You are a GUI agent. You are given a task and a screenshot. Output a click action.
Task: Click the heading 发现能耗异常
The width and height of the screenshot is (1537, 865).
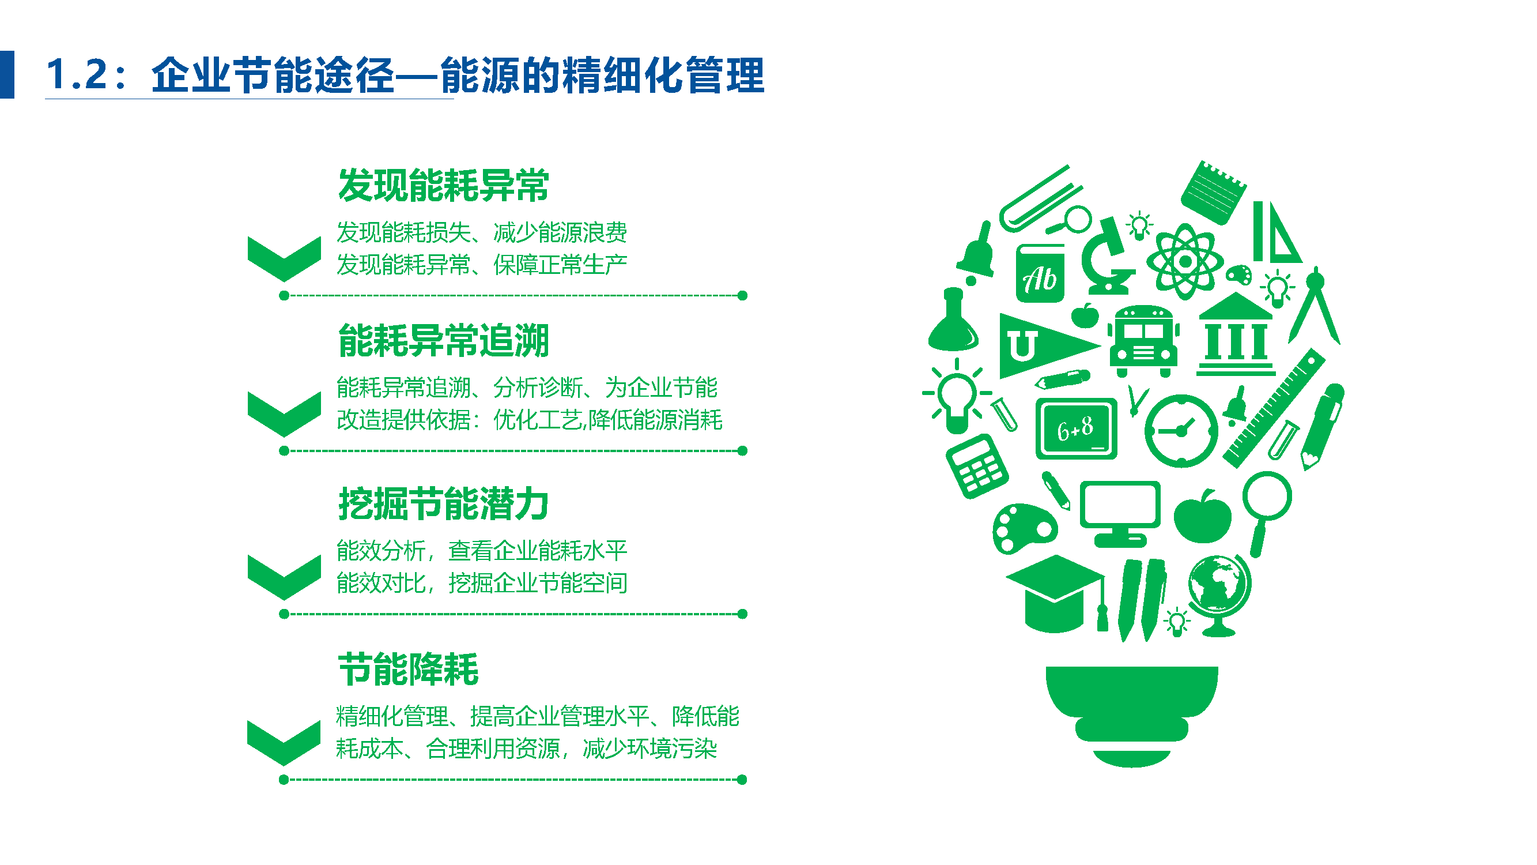pos(443,186)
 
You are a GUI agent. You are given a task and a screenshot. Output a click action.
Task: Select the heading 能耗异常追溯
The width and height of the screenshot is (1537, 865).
pos(443,341)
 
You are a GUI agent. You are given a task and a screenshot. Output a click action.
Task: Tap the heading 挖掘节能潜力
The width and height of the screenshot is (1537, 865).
pos(443,504)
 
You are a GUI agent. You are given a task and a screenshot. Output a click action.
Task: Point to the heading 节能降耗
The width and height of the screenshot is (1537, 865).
pos(408,669)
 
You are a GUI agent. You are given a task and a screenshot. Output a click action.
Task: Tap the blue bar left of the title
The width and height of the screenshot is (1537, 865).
pos(6,74)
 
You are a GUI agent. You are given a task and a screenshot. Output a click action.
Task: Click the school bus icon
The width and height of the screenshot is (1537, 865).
pos(1143,341)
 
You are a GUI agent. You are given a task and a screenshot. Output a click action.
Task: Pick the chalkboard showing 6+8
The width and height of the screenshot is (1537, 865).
pos(1076,428)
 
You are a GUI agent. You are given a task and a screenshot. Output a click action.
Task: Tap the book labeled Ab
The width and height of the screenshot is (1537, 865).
pos(1040,273)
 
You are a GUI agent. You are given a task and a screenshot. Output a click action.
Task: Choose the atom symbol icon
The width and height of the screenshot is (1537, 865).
pos(1185,261)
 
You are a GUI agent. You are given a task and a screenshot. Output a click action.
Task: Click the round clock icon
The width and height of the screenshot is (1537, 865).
pos(1181,430)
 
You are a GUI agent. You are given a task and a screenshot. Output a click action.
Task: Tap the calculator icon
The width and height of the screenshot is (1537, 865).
pos(977,465)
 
